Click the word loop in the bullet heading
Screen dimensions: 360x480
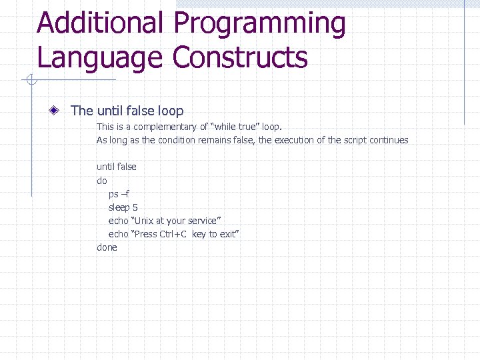[x=169, y=111]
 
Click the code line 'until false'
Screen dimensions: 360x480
[x=117, y=167]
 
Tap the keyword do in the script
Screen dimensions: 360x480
[x=102, y=181]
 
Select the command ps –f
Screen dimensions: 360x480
[x=119, y=194]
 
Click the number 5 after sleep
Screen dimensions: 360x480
[x=135, y=207]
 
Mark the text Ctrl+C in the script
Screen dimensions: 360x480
[x=173, y=234]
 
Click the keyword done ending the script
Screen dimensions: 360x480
[x=107, y=247]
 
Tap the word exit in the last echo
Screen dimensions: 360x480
[x=228, y=234]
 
